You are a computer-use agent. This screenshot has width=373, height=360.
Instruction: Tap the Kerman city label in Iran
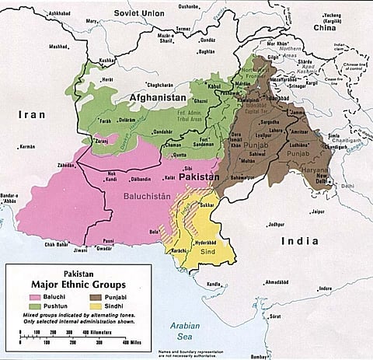pyautogui.click(x=27, y=146)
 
